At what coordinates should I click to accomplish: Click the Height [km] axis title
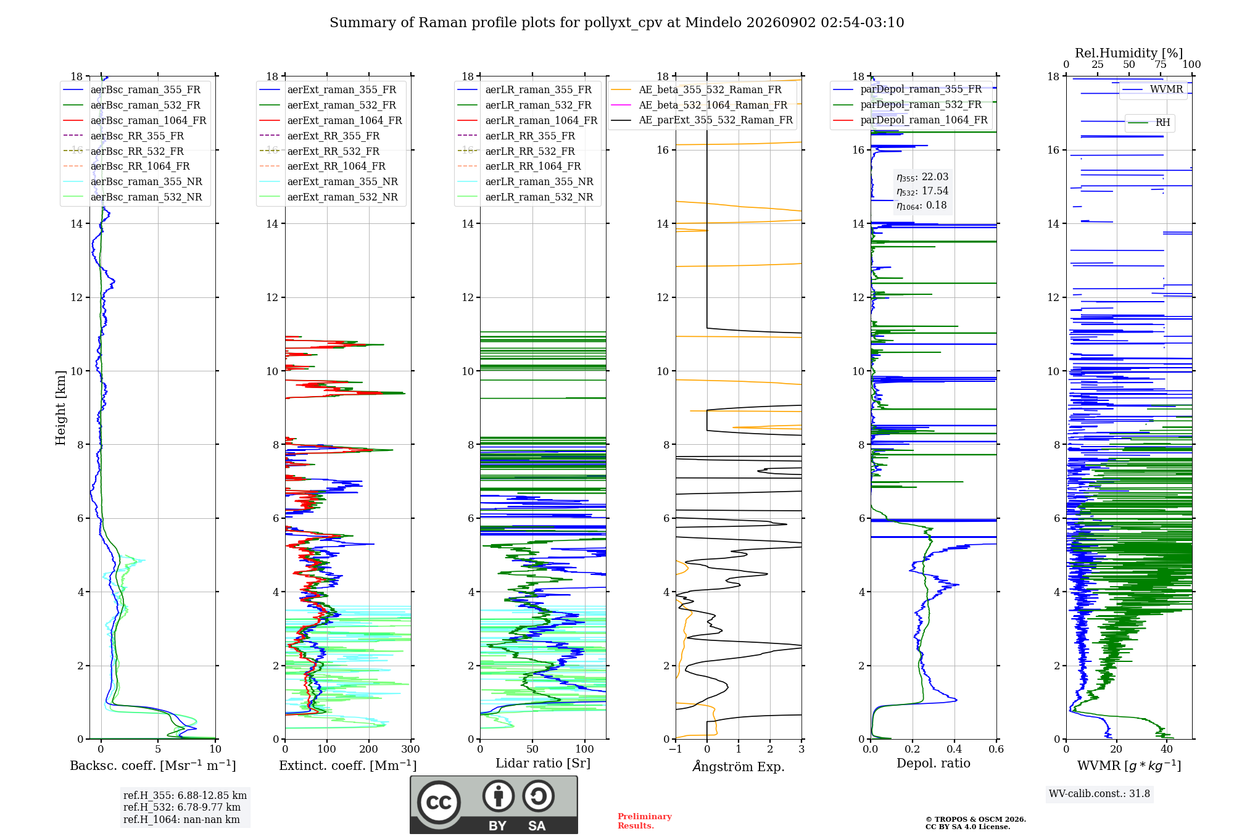(x=60, y=408)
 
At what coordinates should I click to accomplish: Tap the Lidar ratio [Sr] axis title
(x=543, y=763)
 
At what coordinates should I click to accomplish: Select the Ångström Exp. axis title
(x=739, y=766)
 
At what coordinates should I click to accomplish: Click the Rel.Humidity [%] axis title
(x=1129, y=53)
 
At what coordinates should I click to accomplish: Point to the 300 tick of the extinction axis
(x=411, y=749)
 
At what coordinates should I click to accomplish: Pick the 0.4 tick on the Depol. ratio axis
(x=954, y=749)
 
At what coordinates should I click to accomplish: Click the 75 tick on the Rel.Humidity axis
(x=1161, y=64)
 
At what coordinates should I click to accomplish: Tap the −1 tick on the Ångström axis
(x=676, y=749)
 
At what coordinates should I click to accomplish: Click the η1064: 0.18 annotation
(x=922, y=205)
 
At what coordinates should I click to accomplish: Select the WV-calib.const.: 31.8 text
(x=1099, y=793)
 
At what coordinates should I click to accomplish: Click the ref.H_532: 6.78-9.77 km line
(x=182, y=807)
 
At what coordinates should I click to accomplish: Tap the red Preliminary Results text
(x=645, y=820)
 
